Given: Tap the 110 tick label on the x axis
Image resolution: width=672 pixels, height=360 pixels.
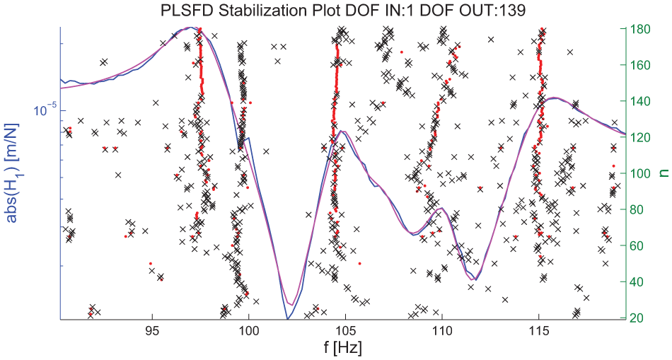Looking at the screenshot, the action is point(442,333).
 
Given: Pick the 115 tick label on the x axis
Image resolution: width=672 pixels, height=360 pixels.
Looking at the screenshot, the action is point(538,333).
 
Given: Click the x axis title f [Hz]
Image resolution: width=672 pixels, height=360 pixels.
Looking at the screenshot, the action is point(342,348).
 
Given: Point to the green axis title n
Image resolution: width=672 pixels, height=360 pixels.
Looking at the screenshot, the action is point(664,173).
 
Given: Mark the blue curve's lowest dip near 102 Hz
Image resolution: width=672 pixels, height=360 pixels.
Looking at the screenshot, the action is point(288,319).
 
